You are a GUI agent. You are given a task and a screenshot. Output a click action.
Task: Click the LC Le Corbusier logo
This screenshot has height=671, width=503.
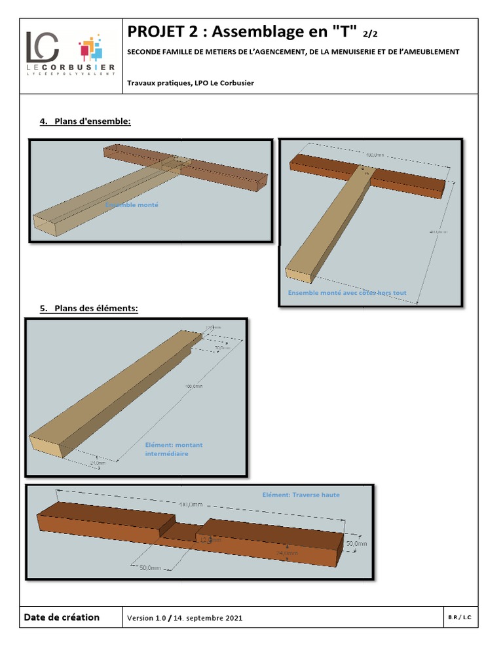tap(71, 55)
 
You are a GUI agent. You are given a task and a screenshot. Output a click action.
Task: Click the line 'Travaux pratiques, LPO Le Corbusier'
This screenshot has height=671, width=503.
tap(191, 83)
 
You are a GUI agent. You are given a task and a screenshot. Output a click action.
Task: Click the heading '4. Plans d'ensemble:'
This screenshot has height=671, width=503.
tap(85, 121)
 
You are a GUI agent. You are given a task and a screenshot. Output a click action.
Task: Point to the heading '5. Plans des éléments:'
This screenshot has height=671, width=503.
tap(88, 308)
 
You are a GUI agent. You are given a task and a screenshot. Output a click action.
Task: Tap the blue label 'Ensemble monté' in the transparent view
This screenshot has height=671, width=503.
tap(132, 205)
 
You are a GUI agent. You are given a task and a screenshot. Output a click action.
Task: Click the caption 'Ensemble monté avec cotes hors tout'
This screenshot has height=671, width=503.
tap(347, 293)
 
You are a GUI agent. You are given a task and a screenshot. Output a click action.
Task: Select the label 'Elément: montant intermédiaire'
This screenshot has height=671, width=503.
tap(174, 449)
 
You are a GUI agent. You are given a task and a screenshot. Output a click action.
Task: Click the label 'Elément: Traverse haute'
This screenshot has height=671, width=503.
tap(301, 495)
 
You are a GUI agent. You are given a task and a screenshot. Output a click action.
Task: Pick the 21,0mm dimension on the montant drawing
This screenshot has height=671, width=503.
tap(98, 463)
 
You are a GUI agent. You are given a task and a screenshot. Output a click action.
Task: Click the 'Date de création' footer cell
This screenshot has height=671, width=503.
tap(62, 617)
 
